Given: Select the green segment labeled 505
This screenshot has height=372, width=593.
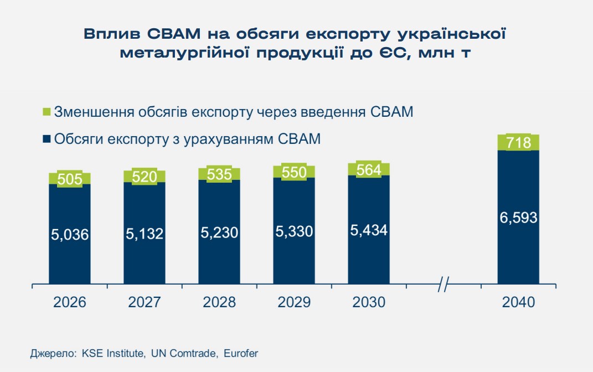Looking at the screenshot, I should pyautogui.click(x=70, y=178).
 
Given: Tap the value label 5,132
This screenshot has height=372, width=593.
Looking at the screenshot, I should pyautogui.click(x=145, y=234).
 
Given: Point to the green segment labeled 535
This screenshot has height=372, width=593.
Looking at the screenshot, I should pyautogui.click(x=219, y=173).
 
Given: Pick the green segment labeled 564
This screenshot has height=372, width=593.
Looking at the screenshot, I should pyautogui.click(x=369, y=169).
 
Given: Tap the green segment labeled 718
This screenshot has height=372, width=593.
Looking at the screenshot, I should pyautogui.click(x=518, y=143).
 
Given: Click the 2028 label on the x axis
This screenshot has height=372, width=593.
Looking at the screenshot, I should pyautogui.click(x=219, y=302).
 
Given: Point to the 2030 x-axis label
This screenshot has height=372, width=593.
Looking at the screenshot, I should pyautogui.click(x=369, y=302).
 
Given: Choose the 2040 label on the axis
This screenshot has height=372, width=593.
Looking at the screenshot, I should pyautogui.click(x=518, y=302).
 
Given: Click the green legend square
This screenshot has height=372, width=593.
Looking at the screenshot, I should pyautogui.click(x=46, y=112).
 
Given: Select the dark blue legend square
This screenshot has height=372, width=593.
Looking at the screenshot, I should pyautogui.click(x=46, y=138).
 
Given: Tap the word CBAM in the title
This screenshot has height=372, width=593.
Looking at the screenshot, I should pyautogui.click(x=176, y=34).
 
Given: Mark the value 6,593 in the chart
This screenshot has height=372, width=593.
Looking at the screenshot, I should pyautogui.click(x=518, y=218).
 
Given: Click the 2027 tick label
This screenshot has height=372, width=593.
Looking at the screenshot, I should pyautogui.click(x=145, y=302).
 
